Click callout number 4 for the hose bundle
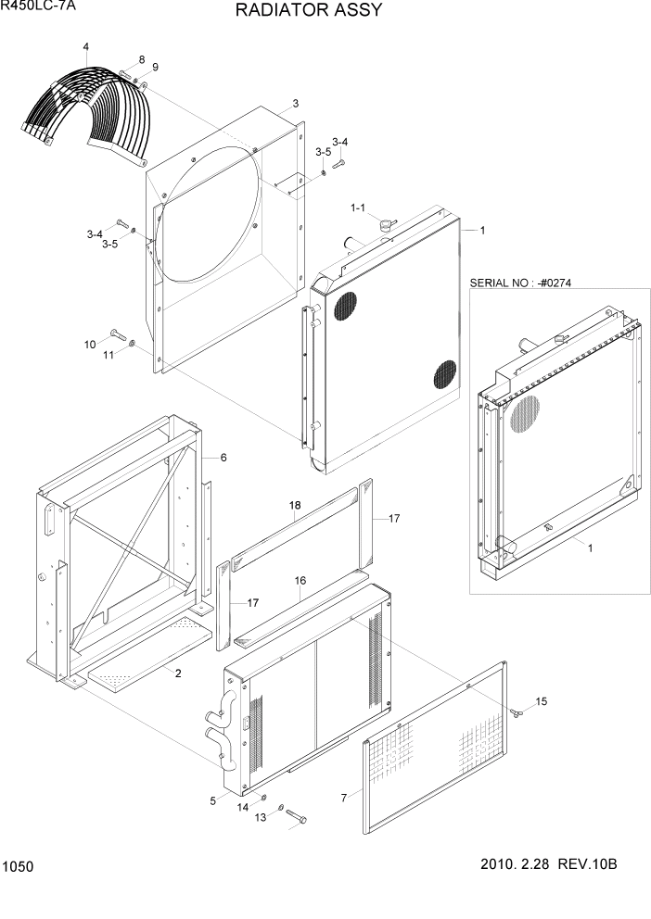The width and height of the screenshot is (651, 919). pos(85,46)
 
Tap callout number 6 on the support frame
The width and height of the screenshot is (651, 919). pos(223,458)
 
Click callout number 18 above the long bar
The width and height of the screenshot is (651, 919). pos(295,505)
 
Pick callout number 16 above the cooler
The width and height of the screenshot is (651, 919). pos(300,580)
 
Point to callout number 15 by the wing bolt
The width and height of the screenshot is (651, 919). pos(542,701)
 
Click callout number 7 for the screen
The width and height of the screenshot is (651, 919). pos(343,796)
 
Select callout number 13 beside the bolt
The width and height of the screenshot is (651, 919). pos(261,816)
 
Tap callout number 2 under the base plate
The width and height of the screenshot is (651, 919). pos(178,674)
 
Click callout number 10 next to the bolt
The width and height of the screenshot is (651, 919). pos(90,345)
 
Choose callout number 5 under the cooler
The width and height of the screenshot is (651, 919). pos(212,799)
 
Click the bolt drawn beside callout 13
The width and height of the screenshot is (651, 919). pos(295,816)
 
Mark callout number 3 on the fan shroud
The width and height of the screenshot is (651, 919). pos(295,103)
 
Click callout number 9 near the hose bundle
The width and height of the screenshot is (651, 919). pos(155,67)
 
